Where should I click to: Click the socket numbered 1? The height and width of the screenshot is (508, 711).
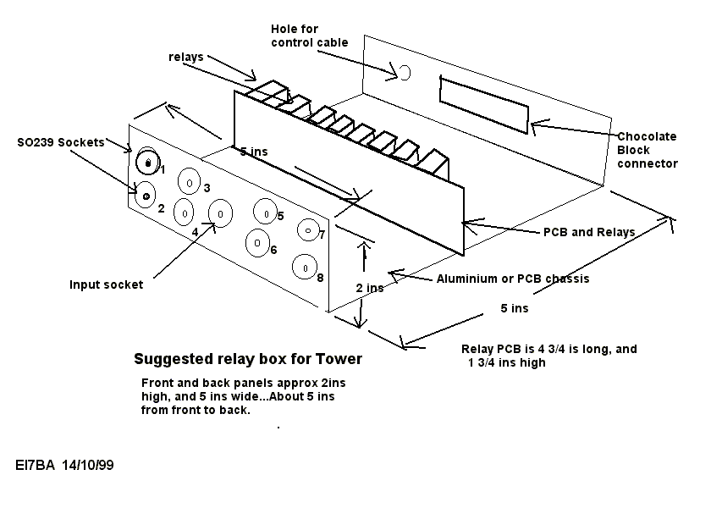[148, 161]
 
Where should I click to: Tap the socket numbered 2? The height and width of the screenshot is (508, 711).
[146, 196]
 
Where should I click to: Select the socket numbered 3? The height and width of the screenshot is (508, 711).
[189, 183]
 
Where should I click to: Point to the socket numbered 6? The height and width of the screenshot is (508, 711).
[256, 243]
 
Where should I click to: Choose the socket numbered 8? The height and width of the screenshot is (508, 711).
[303, 267]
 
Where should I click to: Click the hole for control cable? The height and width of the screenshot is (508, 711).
[404, 73]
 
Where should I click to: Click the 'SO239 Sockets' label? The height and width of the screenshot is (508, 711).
[60, 142]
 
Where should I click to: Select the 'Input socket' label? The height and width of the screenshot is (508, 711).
[106, 284]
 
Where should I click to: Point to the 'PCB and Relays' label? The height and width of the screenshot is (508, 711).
[588, 232]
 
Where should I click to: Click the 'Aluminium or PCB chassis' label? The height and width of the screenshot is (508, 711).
[512, 279]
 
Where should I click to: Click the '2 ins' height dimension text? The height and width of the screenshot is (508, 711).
[371, 288]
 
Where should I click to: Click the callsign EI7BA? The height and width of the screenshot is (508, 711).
[35, 465]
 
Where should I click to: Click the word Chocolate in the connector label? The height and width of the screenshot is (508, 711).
[647, 136]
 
